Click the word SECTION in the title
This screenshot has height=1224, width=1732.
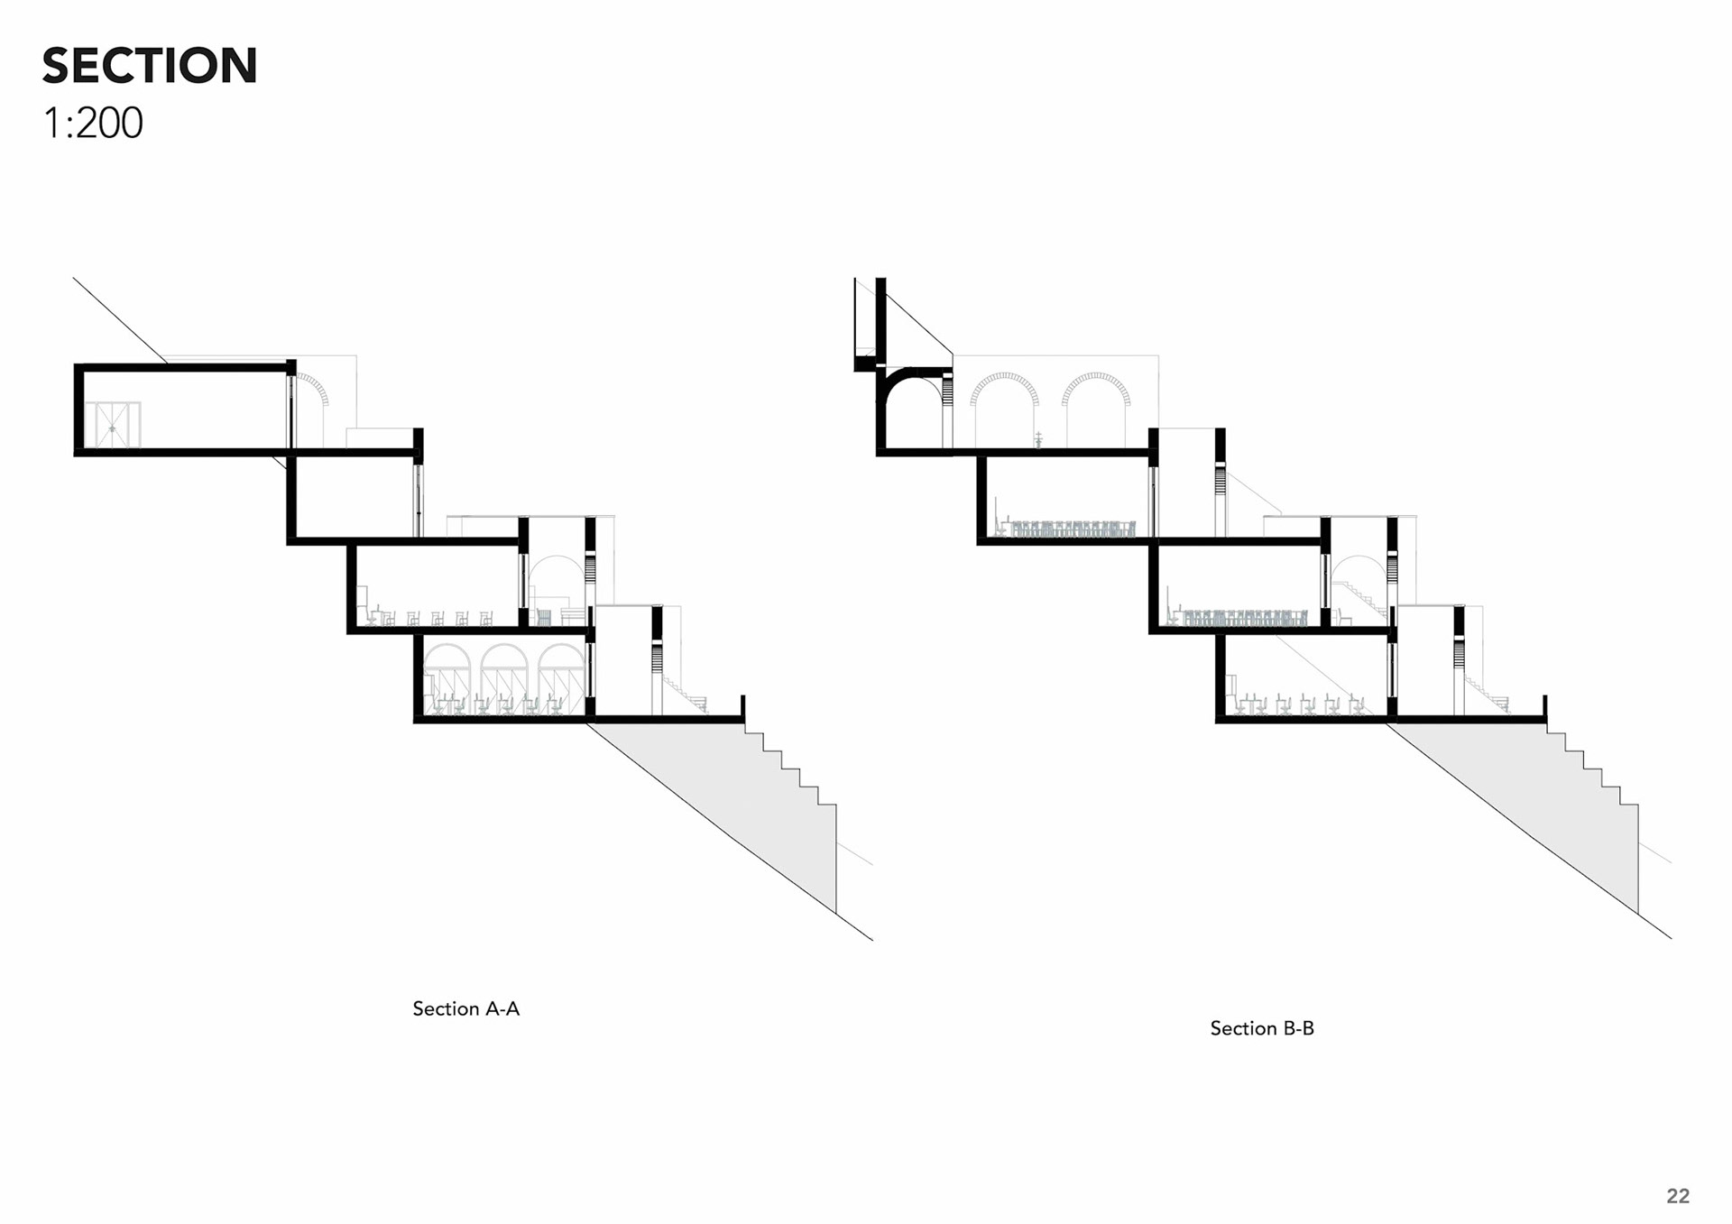click(x=150, y=66)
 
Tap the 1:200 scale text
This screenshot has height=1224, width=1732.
click(x=93, y=124)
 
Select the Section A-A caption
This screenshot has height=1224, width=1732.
click(x=465, y=1008)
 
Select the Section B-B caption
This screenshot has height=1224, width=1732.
click(x=1261, y=1028)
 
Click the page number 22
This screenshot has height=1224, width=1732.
click(x=1677, y=1196)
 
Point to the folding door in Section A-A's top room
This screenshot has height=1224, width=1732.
click(x=112, y=425)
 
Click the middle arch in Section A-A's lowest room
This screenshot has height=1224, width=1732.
click(x=504, y=676)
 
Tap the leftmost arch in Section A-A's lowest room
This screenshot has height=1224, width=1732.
click(x=447, y=676)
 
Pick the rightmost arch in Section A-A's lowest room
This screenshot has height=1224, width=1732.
click(x=561, y=676)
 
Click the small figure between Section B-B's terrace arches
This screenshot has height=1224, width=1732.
click(x=1038, y=439)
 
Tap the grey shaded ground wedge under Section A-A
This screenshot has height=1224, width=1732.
click(x=767, y=803)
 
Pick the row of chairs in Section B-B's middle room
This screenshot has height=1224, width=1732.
click(x=1245, y=618)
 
